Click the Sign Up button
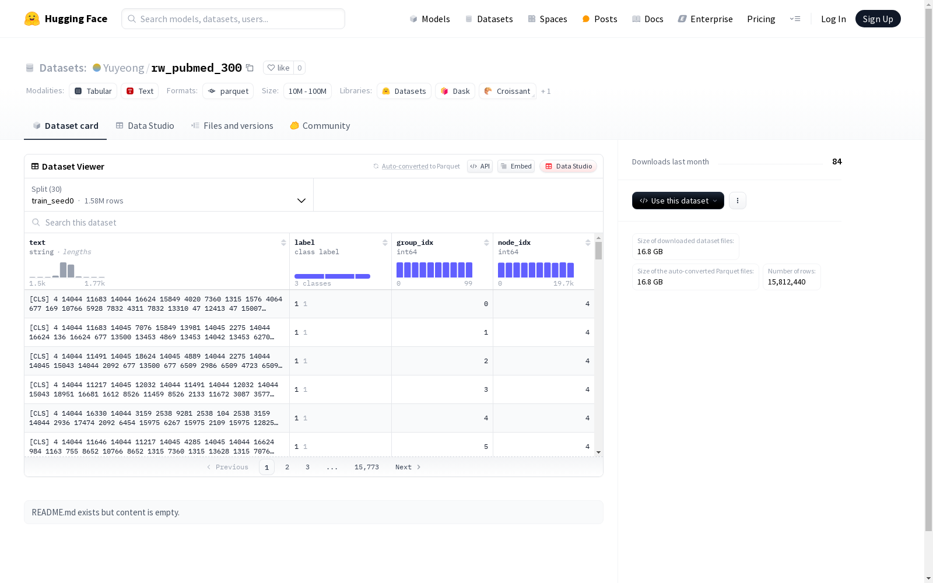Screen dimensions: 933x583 tap(878, 19)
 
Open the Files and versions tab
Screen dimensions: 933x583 tap(232, 126)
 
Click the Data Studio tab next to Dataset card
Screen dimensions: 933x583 tap(145, 126)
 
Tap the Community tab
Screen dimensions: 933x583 tap(320, 126)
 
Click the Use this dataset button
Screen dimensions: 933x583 tap(678, 201)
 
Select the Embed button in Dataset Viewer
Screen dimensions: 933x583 tap(515, 166)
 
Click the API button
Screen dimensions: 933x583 tap(480, 166)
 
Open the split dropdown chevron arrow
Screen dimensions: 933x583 tap(301, 201)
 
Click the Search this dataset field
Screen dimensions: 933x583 tap(313, 222)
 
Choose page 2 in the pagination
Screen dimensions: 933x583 tap(287, 467)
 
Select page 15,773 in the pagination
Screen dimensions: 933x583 tap(367, 467)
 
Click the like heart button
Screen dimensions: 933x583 tap(278, 68)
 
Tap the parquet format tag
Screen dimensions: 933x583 tap(228, 91)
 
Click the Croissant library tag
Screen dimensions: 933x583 tap(507, 91)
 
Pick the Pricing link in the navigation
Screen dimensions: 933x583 tap(761, 19)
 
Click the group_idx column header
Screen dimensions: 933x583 tap(415, 243)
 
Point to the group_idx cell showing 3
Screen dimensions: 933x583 tap(486, 389)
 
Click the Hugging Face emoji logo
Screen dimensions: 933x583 tap(31, 19)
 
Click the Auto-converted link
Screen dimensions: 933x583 tap(405, 166)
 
